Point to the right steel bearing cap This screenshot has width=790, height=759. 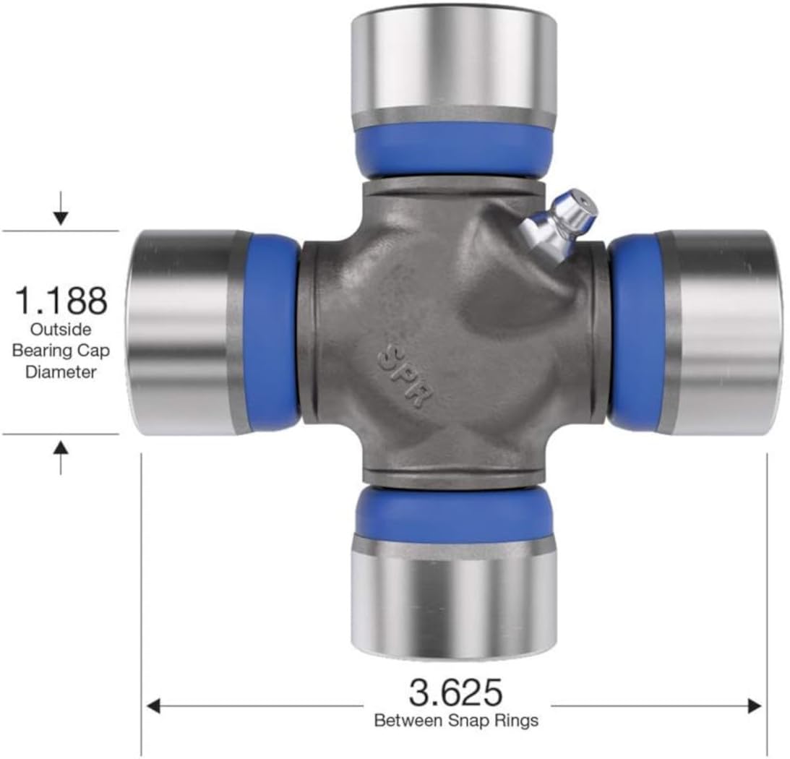pyautogui.click(x=723, y=333)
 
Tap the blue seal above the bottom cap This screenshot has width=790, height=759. pyautogui.click(x=453, y=515)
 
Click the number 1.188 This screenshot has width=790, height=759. pyautogui.click(x=61, y=300)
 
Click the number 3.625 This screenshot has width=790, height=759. pyautogui.click(x=455, y=693)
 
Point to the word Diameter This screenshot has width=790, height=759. pyautogui.click(x=61, y=372)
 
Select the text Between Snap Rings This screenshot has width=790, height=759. pyautogui.click(x=455, y=721)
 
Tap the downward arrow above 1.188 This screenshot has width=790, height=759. pyautogui.click(x=61, y=210)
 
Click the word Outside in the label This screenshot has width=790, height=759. pyautogui.click(x=61, y=330)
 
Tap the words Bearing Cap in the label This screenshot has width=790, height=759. pyautogui.click(x=61, y=351)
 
